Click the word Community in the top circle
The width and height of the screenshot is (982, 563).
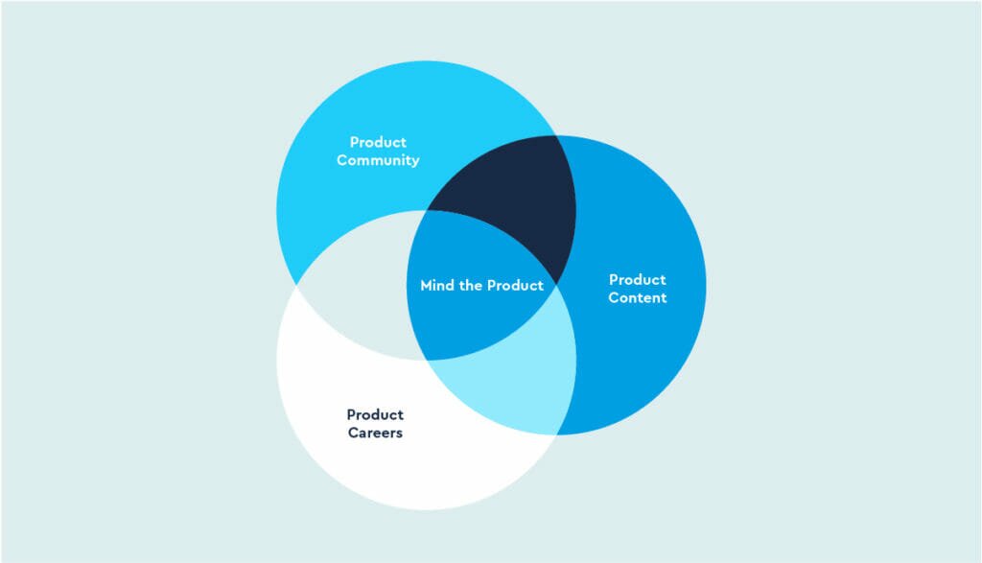[378, 160]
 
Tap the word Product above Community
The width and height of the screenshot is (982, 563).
[378, 142]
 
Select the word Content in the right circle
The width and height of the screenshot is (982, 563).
[637, 297]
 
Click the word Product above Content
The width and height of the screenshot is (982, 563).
[638, 279]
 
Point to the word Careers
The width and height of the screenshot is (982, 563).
[375, 433]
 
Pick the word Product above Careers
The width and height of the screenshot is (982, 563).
[375, 414]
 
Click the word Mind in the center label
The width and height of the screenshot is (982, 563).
[436, 286]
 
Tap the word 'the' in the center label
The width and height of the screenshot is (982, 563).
[470, 286]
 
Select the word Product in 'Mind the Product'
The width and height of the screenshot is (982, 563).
[515, 286]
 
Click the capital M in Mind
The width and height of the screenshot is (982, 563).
[427, 286]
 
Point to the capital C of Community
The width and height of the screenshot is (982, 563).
[342, 160]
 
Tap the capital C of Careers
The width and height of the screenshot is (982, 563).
[354, 433]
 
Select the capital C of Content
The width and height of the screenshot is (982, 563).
[614, 297]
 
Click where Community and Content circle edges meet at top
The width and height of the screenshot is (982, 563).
[556, 135]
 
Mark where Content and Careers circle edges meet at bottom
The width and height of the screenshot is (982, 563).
[556, 434]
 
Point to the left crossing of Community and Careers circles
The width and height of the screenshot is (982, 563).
[296, 285]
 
